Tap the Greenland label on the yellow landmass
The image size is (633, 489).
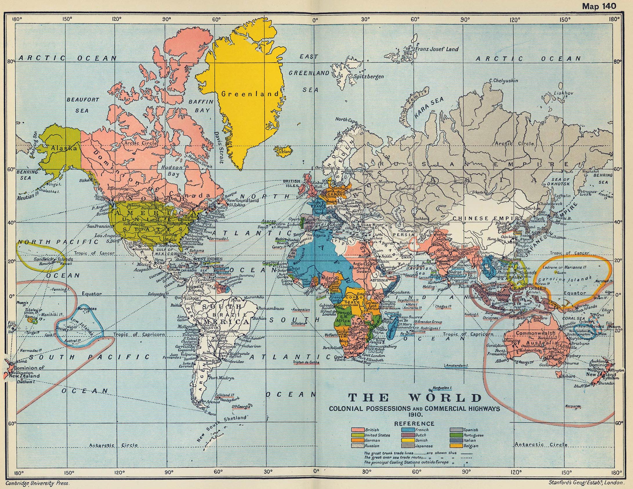pyautogui.click(x=250, y=94)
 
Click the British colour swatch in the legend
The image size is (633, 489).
pyautogui.click(x=358, y=430)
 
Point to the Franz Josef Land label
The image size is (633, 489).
pyautogui.click(x=437, y=49)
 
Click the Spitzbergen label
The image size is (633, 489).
pyautogui.click(x=369, y=77)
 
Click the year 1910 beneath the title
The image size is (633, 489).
pyautogui.click(x=414, y=414)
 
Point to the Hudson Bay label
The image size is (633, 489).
pyautogui.click(x=172, y=171)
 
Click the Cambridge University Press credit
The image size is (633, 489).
pyautogui.click(x=37, y=483)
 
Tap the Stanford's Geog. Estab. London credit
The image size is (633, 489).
pyautogui.click(x=585, y=483)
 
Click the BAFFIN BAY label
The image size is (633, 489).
pyautogui.click(x=201, y=106)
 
